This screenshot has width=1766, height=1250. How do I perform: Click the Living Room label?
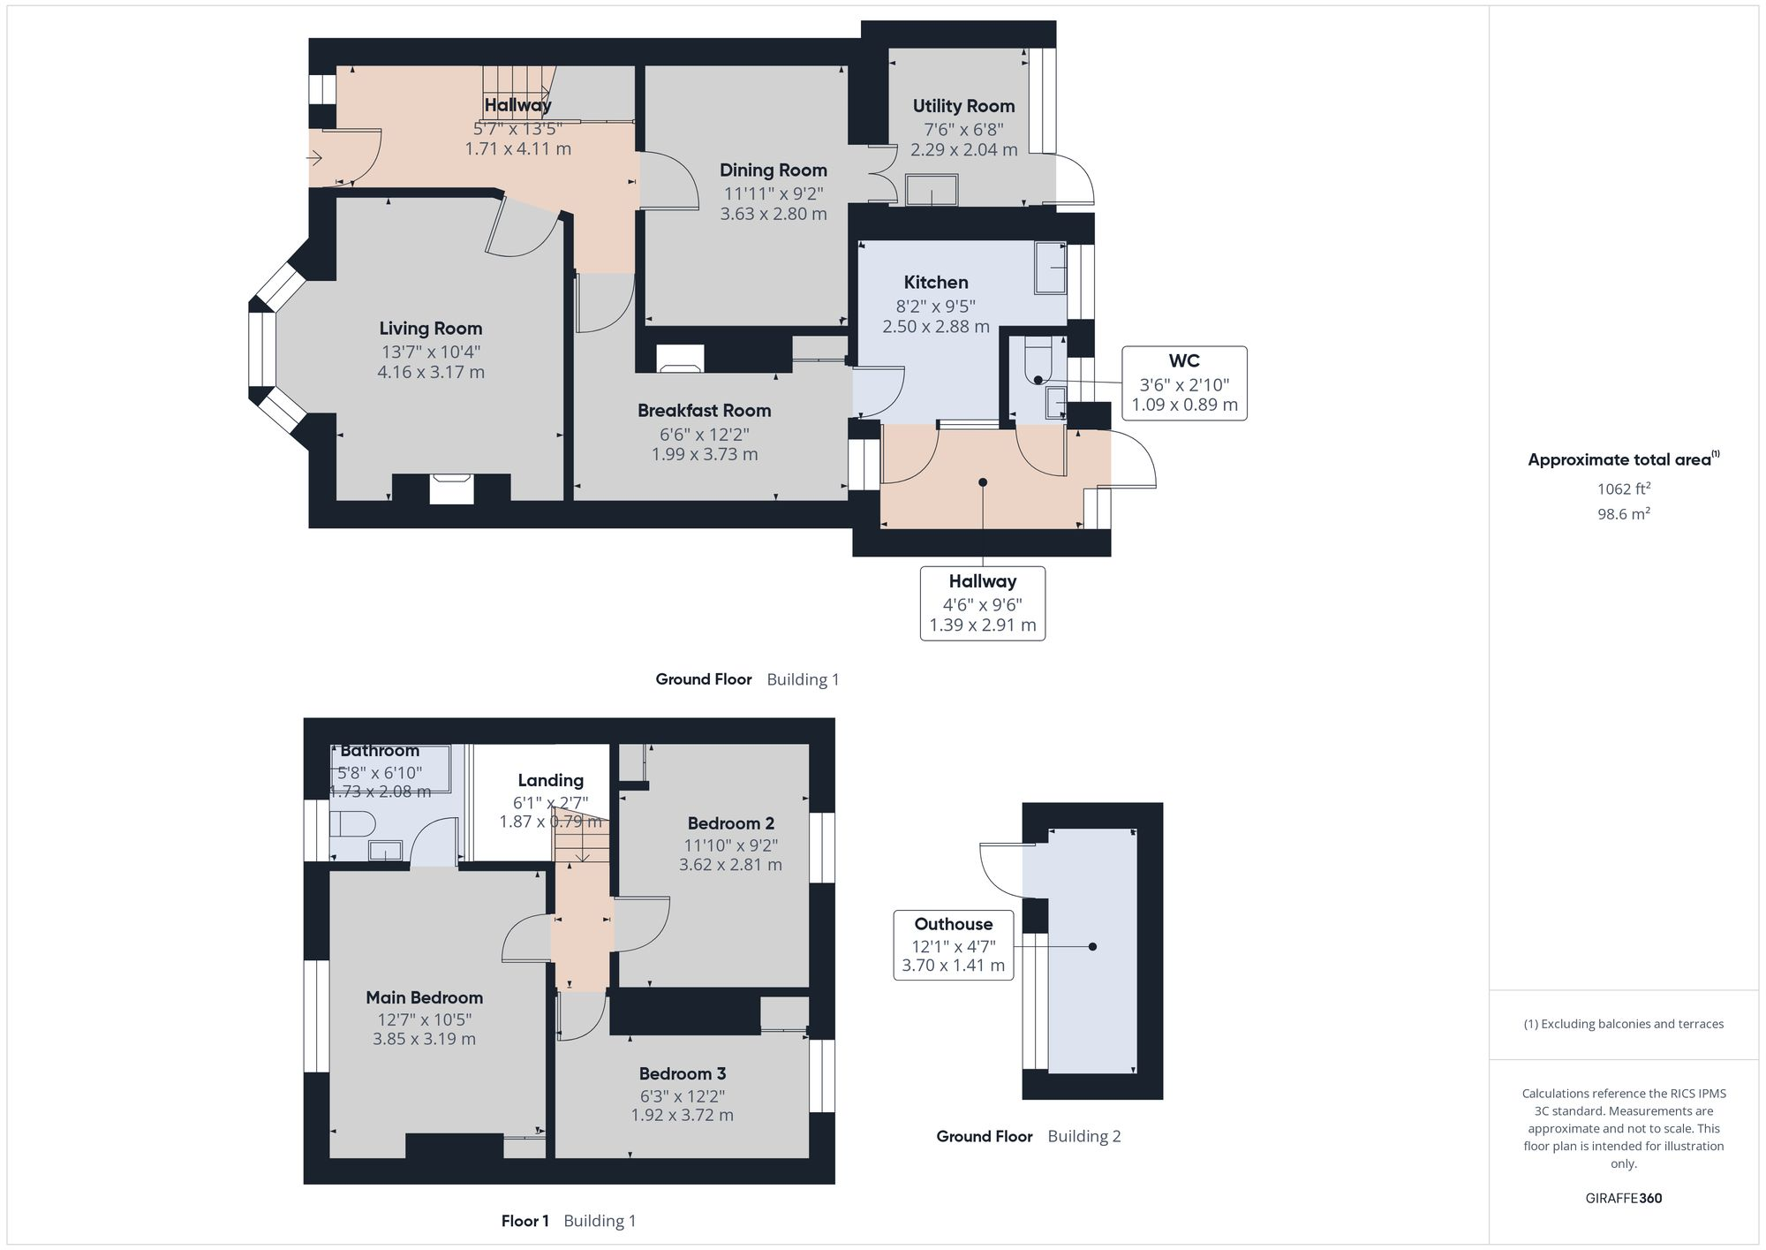click(430, 329)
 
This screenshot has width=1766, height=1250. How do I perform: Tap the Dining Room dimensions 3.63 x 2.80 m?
click(773, 214)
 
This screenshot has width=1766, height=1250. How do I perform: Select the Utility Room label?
click(963, 106)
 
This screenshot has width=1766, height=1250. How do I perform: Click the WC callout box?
click(1184, 383)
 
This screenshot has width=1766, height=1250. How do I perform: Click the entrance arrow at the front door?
click(314, 158)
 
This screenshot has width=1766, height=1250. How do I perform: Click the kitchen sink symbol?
click(1051, 268)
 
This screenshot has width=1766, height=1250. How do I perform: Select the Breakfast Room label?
click(704, 411)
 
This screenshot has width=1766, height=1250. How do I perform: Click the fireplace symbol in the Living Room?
click(451, 489)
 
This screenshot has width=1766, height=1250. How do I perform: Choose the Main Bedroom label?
click(424, 997)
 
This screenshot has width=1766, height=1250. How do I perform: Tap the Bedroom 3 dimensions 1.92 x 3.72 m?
click(682, 1115)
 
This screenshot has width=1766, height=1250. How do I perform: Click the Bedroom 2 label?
click(730, 823)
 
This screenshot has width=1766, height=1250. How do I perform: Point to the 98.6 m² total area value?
click(1623, 514)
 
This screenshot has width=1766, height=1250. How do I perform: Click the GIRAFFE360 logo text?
click(1623, 1199)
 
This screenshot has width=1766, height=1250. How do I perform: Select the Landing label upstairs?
click(550, 780)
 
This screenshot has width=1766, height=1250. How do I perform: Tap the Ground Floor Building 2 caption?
click(1028, 1136)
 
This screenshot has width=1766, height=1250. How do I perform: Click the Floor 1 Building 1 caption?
click(568, 1221)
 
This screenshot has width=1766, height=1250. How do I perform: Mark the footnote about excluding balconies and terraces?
click(1623, 1024)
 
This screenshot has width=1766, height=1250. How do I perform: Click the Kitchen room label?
click(935, 283)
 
